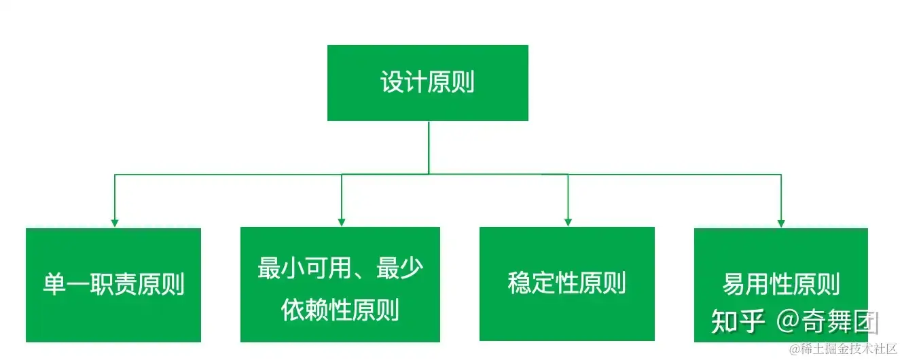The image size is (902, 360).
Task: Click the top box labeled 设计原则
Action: coord(427,83)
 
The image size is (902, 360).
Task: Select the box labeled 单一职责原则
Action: coord(113,285)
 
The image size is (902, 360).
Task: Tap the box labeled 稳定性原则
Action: coord(566,283)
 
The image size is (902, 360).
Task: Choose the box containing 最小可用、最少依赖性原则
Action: coord(340,285)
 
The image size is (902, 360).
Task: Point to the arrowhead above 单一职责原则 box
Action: coord(115,222)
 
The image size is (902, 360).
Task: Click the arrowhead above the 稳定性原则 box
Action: coord(567,221)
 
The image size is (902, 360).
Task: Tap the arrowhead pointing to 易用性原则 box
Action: coord(781,222)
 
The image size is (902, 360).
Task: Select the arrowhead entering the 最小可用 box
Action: coord(342,221)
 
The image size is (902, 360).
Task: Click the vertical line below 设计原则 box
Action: coord(429,146)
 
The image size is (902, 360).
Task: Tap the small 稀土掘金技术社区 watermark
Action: coord(842,348)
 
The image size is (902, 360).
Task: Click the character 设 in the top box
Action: coord(392,83)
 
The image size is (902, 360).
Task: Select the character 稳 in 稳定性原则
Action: coord(520,283)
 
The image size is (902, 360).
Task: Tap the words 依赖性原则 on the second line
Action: coord(340,310)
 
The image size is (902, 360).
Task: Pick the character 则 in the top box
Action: coord(463,83)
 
